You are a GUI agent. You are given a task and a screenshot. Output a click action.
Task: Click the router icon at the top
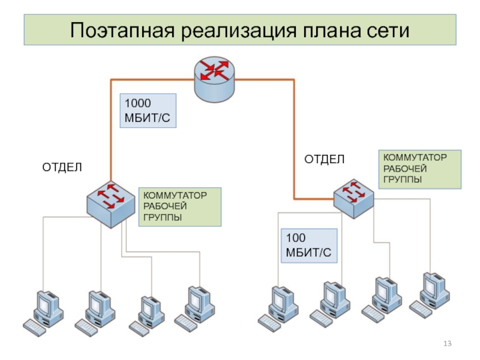coord(215,79)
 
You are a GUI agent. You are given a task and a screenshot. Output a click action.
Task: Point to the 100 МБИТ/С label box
coord(309,246)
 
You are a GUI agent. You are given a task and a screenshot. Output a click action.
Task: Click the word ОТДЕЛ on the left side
coord(61,166)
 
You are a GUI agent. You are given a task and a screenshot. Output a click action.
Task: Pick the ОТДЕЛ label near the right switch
coord(324,159)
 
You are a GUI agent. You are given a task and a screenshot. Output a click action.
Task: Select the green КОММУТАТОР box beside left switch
coord(180,206)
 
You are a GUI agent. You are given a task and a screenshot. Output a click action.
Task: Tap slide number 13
coord(446,343)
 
